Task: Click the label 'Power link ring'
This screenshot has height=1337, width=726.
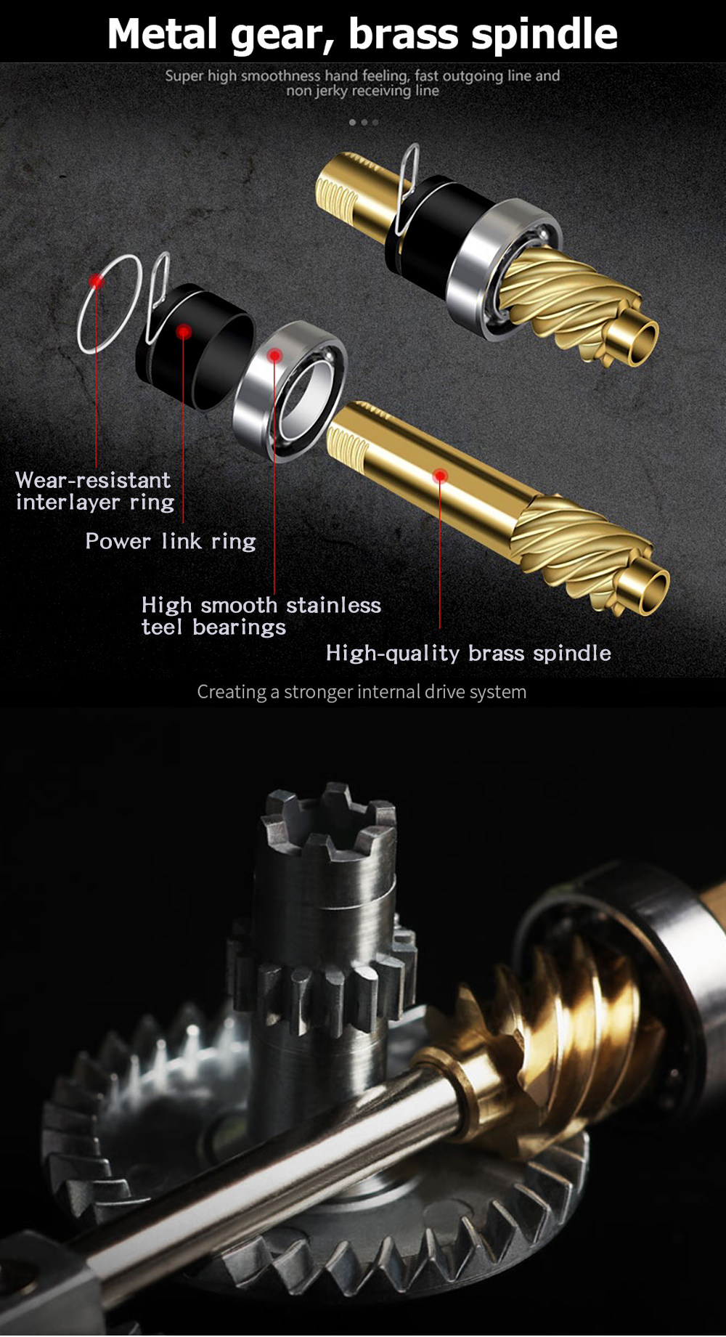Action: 171,541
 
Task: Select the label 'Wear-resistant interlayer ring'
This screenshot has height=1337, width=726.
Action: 94,491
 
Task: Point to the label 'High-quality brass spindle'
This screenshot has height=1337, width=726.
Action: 468,653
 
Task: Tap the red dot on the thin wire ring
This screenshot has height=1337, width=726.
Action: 96,281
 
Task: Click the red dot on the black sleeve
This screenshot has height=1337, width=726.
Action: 184,332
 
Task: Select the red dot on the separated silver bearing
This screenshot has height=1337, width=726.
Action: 274,355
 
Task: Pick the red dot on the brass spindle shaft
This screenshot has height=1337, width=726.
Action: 440,476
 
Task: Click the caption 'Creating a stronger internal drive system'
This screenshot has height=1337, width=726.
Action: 362,692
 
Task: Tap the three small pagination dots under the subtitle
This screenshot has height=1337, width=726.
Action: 364,122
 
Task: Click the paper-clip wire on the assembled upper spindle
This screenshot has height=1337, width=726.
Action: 408,174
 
